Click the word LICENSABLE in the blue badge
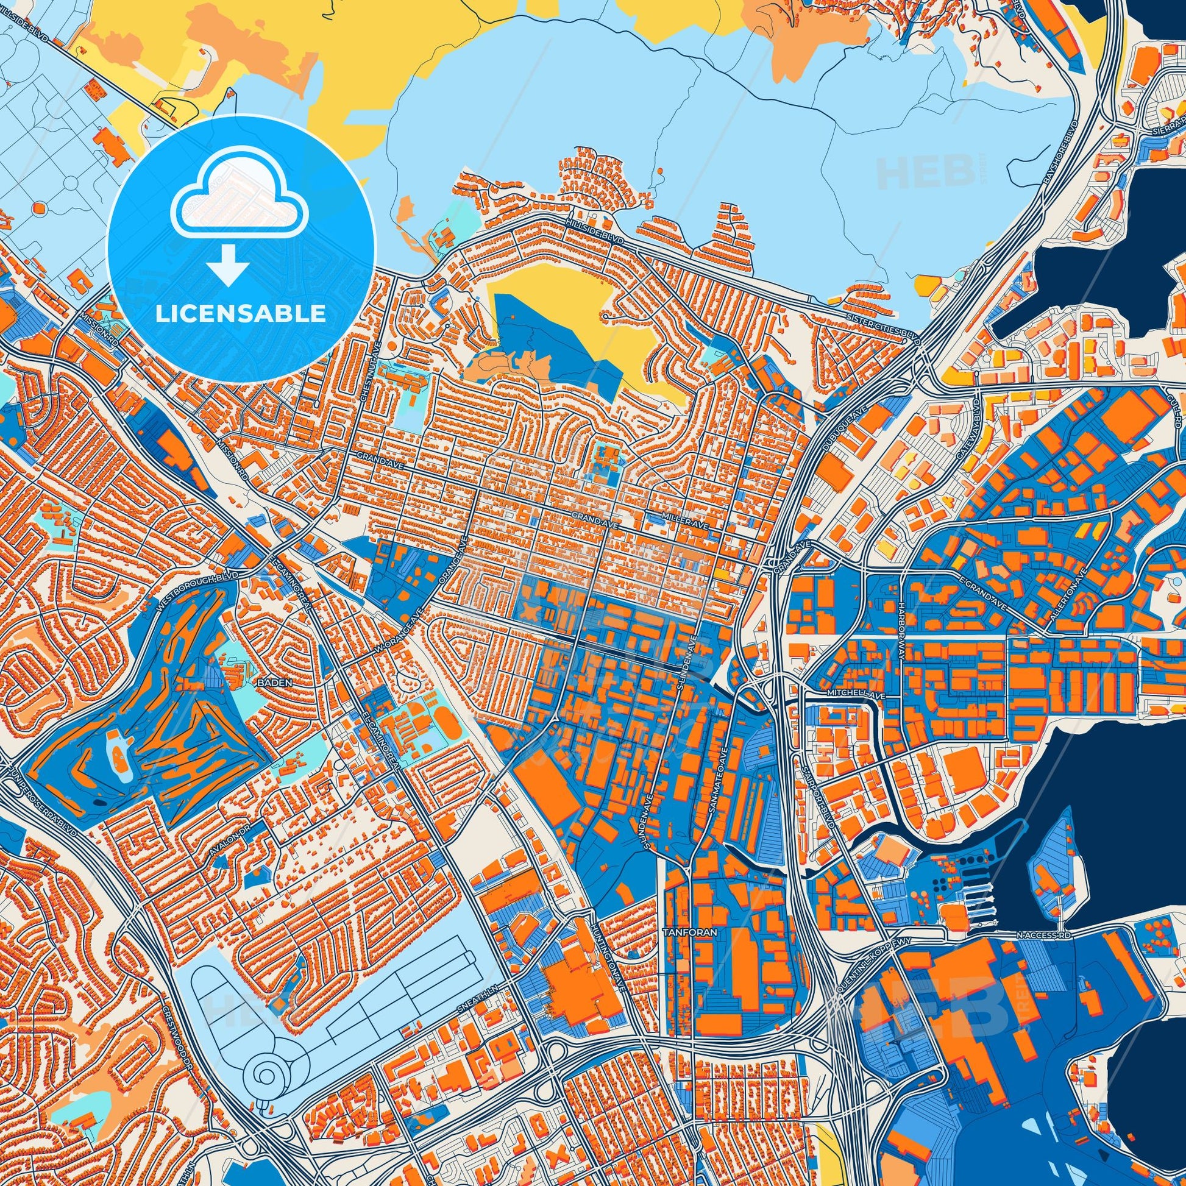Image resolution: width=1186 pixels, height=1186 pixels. tap(240, 314)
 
